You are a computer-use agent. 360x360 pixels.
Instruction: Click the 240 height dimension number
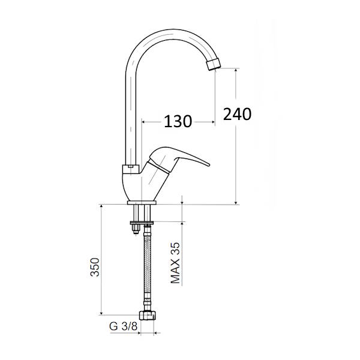[237, 114]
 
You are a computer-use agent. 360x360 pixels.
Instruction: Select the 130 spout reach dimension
[178, 121]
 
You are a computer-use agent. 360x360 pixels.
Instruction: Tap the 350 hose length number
[95, 267]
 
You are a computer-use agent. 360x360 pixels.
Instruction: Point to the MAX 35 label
[175, 263]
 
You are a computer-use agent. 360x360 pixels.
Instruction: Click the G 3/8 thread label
[123, 326]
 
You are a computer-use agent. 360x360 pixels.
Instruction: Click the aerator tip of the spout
[214, 64]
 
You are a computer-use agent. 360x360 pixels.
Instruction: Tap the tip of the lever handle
[208, 164]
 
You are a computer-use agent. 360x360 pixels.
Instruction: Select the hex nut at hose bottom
[148, 315]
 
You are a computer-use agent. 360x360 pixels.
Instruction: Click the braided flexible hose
[147, 268]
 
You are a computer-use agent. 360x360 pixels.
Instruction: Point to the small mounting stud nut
[136, 229]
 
